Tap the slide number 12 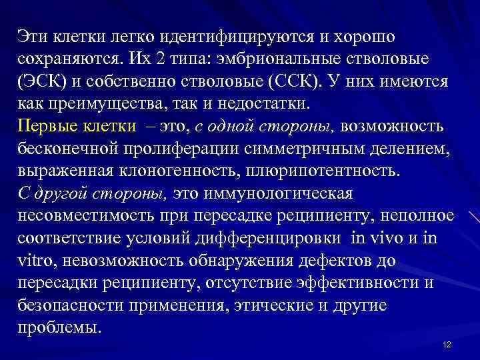coord(447,344)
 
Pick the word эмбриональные coord(275,59)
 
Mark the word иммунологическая coord(288,194)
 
